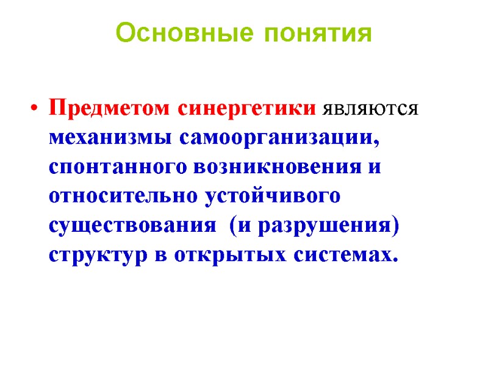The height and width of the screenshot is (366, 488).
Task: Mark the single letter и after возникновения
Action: click(x=373, y=168)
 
